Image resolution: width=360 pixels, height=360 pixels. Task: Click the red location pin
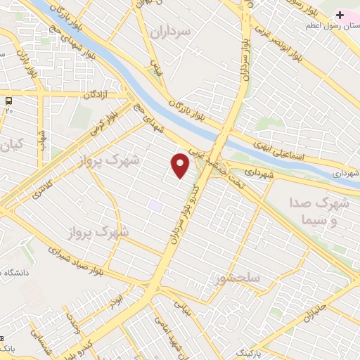181,165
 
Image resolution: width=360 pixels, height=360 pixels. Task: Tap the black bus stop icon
9,100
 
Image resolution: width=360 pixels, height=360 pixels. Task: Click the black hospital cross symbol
340,14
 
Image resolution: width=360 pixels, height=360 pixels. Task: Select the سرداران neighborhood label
171,32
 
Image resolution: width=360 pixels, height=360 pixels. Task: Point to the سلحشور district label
239,278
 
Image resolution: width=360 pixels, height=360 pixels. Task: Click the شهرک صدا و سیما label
318,211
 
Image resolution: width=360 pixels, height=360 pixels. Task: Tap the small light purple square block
155,206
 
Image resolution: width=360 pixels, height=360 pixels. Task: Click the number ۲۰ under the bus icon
9,110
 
